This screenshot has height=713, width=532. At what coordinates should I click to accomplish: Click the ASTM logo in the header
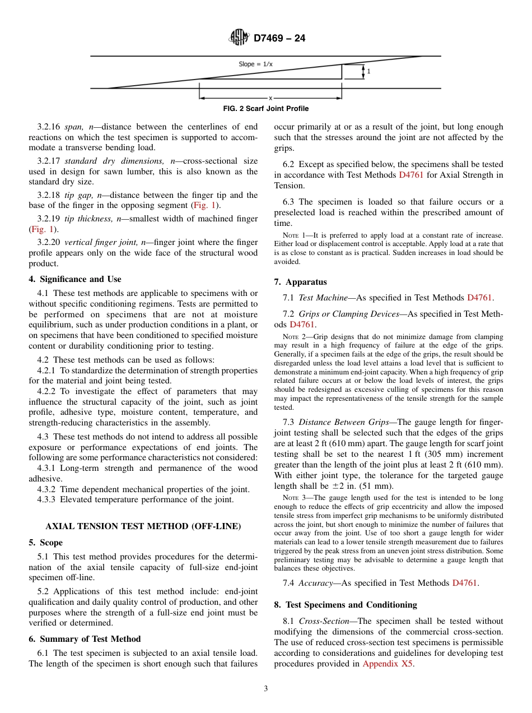[239, 38]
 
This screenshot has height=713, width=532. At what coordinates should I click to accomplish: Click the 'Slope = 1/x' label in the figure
[256, 64]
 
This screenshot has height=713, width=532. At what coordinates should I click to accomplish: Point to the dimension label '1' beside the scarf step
[368, 72]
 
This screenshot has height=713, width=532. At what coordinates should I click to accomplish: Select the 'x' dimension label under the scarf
[270, 98]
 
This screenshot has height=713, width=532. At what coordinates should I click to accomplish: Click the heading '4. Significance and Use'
[75, 279]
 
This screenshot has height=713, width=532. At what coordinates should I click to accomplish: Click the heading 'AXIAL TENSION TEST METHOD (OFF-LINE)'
[143, 526]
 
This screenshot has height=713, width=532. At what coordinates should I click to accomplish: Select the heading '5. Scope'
[46, 543]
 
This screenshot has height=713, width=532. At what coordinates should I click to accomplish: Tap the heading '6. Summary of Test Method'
[85, 639]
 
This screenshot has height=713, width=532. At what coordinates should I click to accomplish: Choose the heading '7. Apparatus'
[300, 282]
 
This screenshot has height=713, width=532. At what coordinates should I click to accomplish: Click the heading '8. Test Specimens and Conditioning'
[346, 605]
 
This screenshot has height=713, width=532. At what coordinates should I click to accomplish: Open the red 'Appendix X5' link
[390, 664]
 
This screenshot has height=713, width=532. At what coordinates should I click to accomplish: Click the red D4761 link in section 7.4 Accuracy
[464, 583]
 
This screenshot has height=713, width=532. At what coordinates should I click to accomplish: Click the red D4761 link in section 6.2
[413, 175]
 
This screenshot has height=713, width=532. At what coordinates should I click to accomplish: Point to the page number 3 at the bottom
[266, 689]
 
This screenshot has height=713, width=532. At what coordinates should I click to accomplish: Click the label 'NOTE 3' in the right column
[291, 498]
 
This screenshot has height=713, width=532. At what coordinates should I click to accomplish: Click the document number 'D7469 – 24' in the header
[279, 39]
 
